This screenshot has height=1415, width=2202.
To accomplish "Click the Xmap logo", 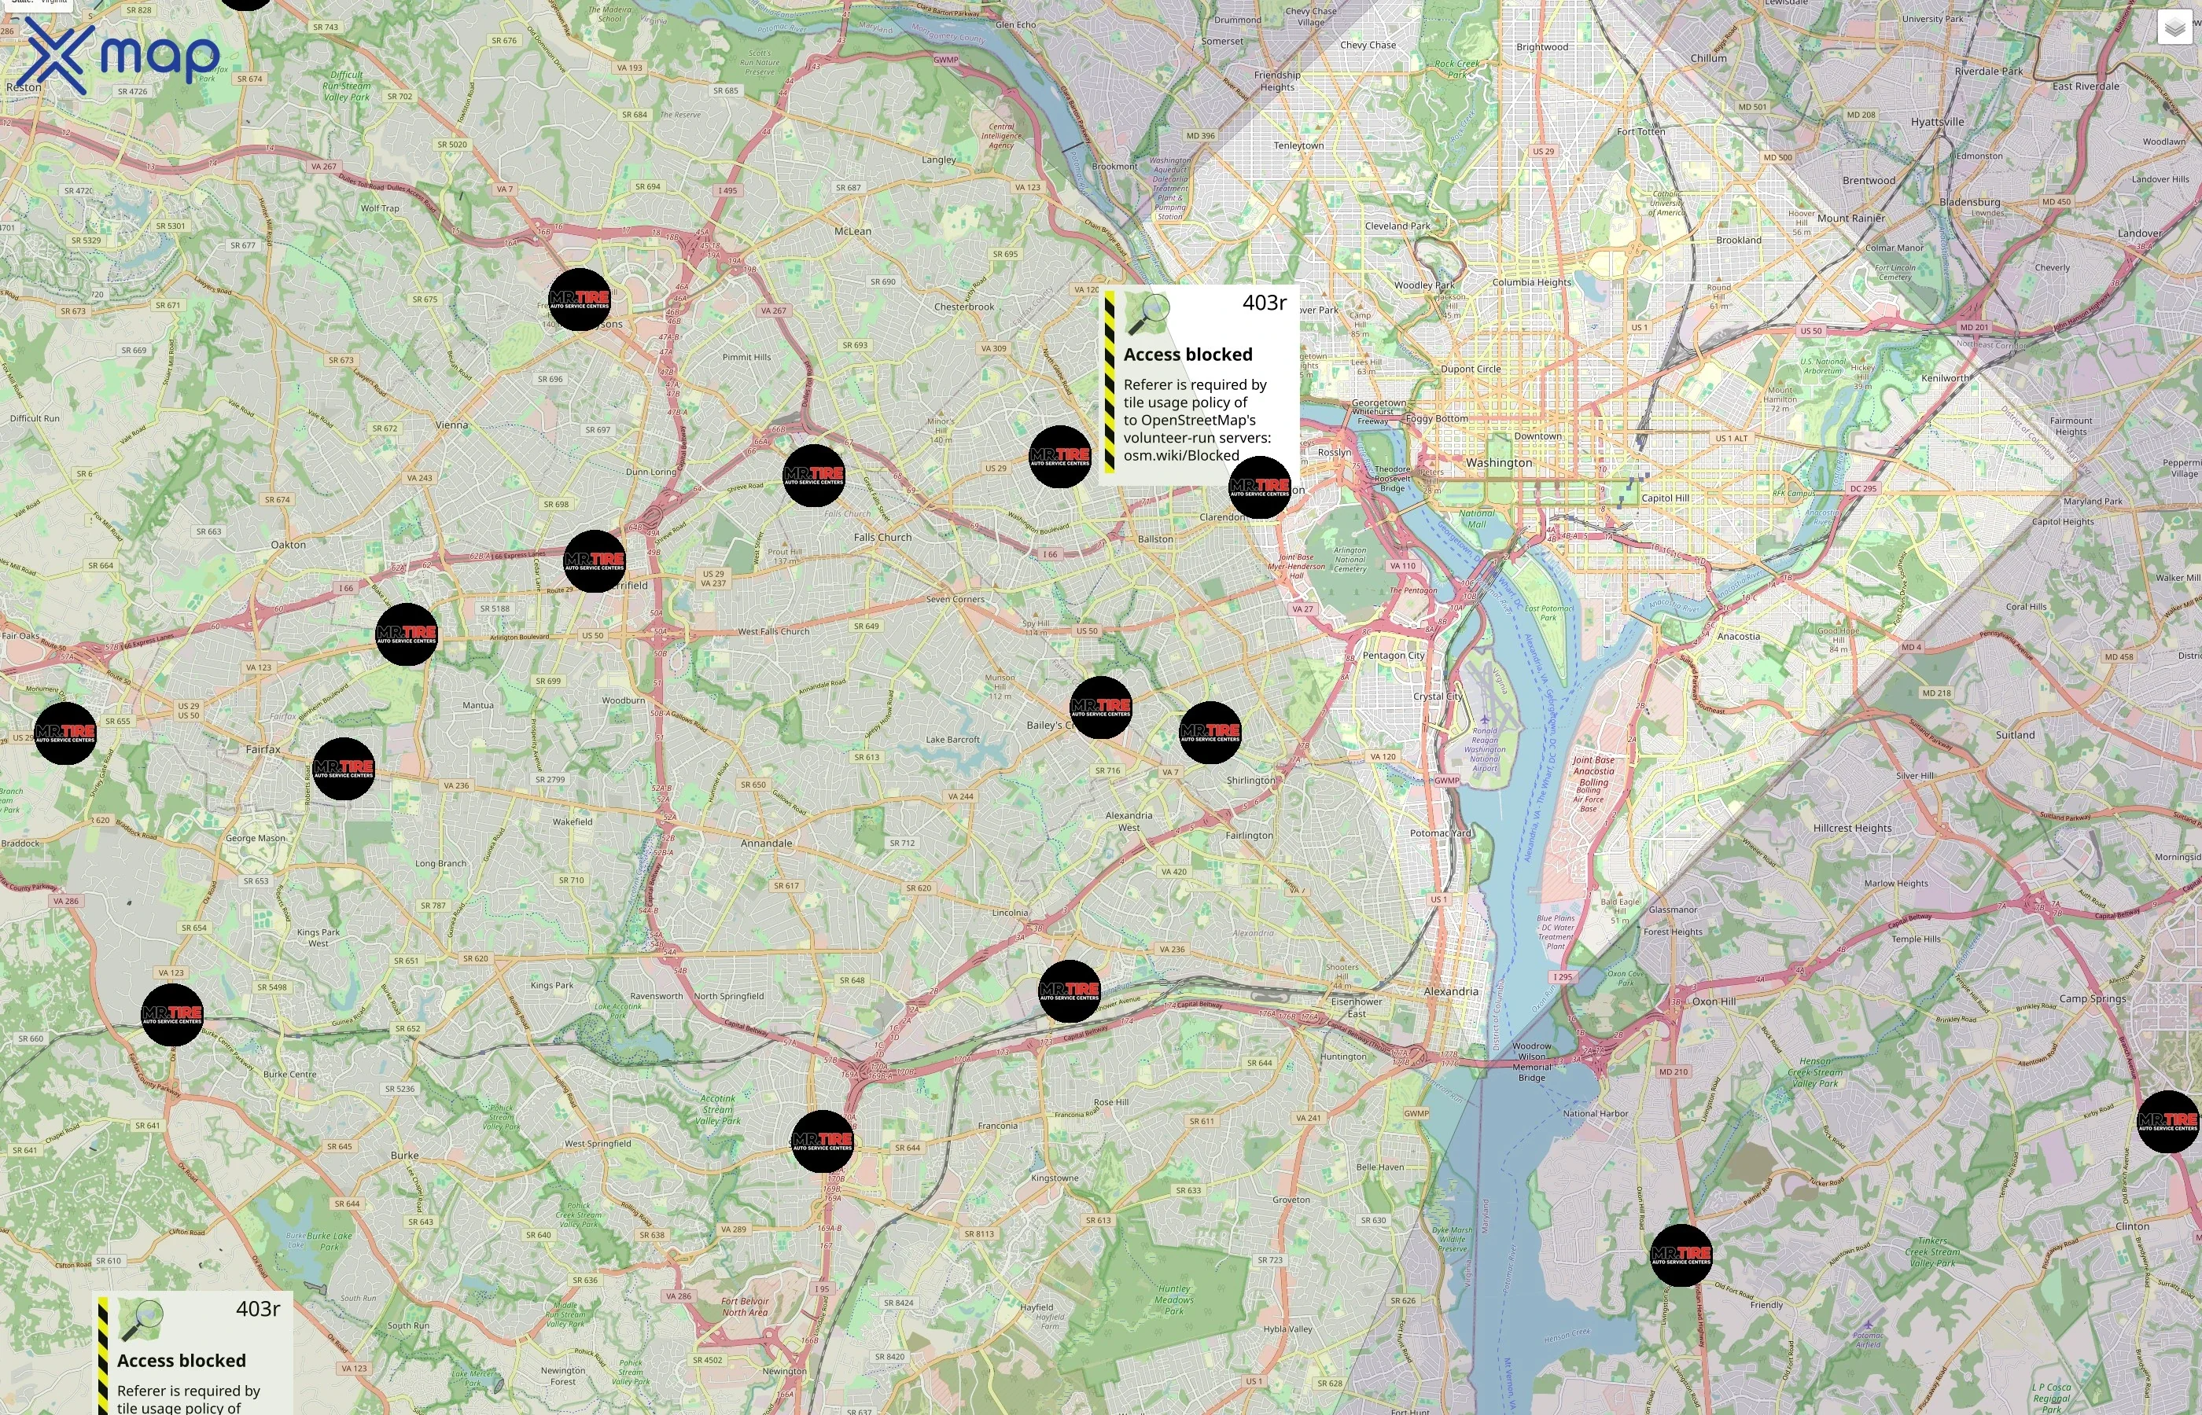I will [x=120, y=55].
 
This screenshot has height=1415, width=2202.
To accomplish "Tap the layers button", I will [x=2174, y=28].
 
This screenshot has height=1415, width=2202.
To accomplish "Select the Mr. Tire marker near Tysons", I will [x=579, y=300].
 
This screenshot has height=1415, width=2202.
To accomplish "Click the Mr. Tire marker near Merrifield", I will [x=595, y=560].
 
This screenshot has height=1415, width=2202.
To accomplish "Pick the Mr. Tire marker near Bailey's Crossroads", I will [x=1101, y=707].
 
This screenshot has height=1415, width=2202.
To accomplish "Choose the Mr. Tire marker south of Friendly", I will [x=1681, y=1255].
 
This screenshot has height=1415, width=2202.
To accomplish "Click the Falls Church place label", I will [x=882, y=538].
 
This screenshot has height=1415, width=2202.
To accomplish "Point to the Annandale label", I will [x=767, y=843].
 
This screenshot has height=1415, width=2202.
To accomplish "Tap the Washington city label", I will [x=1499, y=463].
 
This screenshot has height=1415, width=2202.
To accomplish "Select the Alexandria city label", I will [x=1451, y=991].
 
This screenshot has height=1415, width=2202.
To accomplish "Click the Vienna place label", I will [x=451, y=425].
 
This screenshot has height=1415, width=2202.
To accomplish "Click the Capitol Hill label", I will [x=1666, y=499].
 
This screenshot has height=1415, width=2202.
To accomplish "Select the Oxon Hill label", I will [x=1714, y=1002].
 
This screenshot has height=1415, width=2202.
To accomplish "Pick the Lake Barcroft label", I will [x=952, y=740].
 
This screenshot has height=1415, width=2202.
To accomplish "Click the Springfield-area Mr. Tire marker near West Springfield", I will [x=823, y=1141].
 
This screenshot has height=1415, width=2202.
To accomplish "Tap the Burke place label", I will [x=404, y=1156].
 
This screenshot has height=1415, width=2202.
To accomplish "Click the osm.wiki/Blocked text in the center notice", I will [x=1181, y=456].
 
